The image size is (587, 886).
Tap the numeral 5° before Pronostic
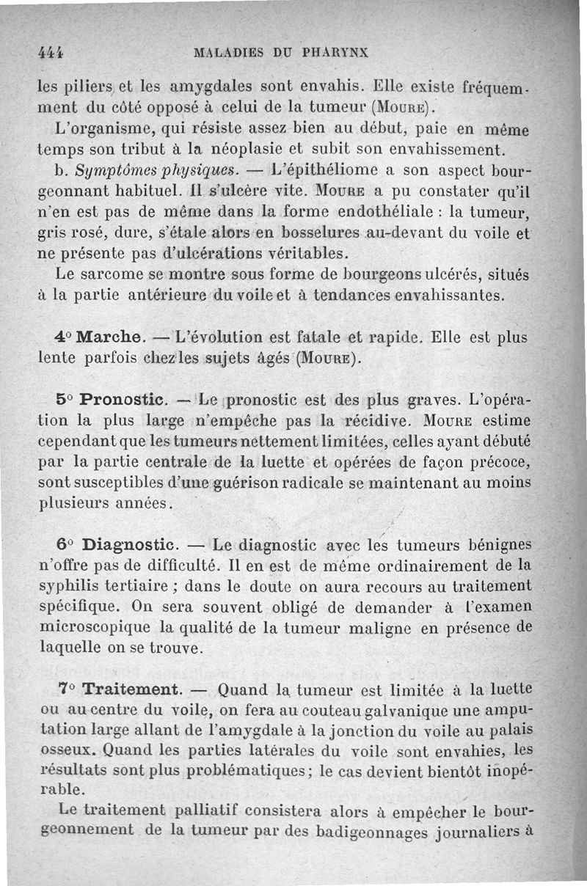pos(65,401)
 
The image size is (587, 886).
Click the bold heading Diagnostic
pos(129,545)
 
